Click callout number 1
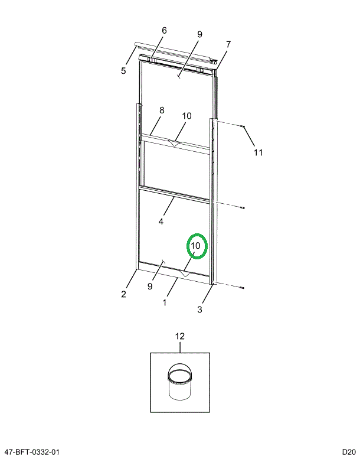[x=165, y=302]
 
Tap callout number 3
[x=200, y=309]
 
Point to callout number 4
[x=161, y=222]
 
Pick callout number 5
[x=123, y=71]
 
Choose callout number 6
[x=164, y=31]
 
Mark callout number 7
[x=228, y=44]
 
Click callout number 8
[x=162, y=110]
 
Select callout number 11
[x=258, y=152]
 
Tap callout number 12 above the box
[x=180, y=336]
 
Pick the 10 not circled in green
[x=186, y=116]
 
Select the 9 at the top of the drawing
[x=199, y=34]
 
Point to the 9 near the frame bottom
[x=150, y=286]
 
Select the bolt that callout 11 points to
[x=243, y=126]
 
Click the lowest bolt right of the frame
[x=243, y=288]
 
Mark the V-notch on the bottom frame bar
[x=185, y=274]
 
